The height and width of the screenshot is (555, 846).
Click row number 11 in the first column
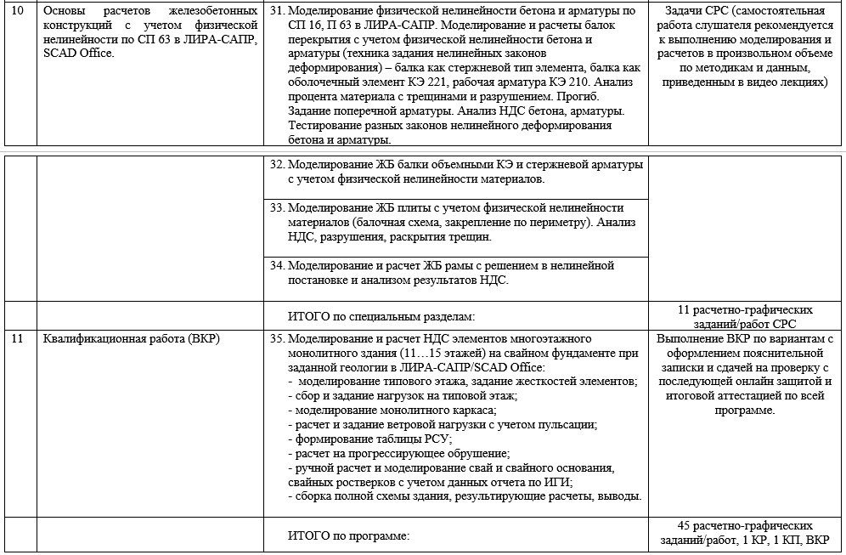[17, 339]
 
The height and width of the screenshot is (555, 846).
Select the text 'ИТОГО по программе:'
[349, 536]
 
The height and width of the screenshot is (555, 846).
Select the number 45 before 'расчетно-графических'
[685, 526]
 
